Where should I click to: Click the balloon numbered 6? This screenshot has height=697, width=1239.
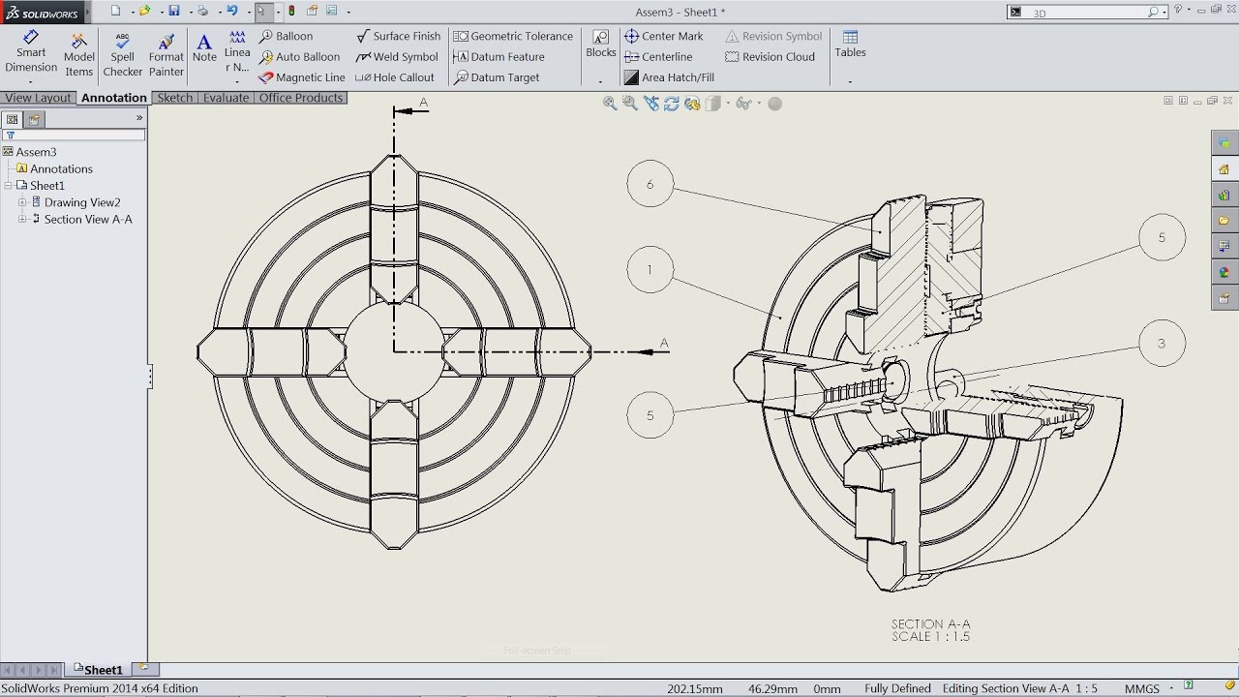(x=650, y=184)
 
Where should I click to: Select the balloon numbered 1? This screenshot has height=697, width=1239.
(x=650, y=270)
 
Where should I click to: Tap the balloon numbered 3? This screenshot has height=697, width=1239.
(x=1161, y=343)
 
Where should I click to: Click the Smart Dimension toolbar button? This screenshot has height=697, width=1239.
(x=31, y=52)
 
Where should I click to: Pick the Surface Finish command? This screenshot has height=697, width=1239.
(x=398, y=37)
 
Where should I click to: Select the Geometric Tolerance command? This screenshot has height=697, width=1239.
(x=513, y=37)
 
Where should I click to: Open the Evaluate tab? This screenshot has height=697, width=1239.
(x=226, y=98)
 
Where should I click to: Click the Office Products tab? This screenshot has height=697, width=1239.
(x=300, y=98)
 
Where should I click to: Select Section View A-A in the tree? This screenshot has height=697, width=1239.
(x=87, y=220)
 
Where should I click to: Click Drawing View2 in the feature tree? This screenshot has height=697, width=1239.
(x=81, y=202)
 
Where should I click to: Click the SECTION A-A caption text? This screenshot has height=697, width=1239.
(x=930, y=624)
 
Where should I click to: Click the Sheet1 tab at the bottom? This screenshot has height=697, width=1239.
(x=102, y=670)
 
